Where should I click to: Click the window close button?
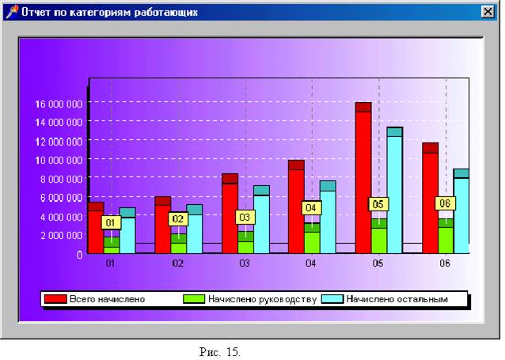486,13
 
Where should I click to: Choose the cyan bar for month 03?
260,222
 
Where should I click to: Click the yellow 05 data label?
378,203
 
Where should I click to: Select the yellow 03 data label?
245,217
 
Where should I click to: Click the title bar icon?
10,13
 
